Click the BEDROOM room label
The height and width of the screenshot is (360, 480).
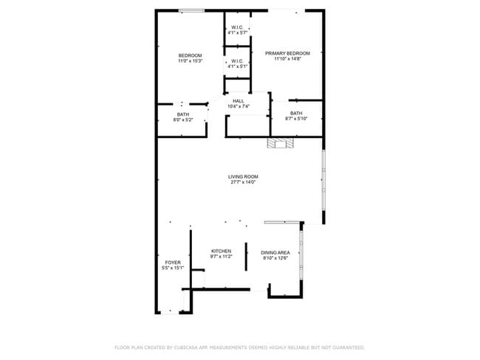tap(190, 55)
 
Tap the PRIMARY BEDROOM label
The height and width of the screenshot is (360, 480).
tap(287, 53)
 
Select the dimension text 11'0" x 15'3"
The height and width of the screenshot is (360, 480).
tap(190, 61)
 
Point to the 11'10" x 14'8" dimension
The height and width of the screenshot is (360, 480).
tap(287, 59)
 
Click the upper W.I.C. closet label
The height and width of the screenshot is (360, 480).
tap(237, 27)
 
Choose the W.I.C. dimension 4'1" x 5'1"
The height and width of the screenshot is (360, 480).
tap(237, 66)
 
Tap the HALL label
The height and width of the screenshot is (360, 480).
tap(238, 101)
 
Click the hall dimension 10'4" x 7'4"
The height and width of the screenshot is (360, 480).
tap(238, 107)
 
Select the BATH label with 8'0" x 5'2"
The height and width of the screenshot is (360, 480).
tap(182, 114)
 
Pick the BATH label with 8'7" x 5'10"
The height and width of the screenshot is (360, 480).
tap(296, 113)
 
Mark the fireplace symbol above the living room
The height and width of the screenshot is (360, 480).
tap(281, 144)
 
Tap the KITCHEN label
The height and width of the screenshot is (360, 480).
tap(222, 251)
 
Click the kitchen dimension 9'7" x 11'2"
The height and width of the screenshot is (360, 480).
tap(222, 257)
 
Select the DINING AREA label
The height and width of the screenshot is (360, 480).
tap(275, 252)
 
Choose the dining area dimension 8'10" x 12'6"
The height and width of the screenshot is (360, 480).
tap(275, 258)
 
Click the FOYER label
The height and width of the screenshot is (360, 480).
tap(172, 262)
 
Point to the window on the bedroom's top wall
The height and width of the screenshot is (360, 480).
tap(191, 10)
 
